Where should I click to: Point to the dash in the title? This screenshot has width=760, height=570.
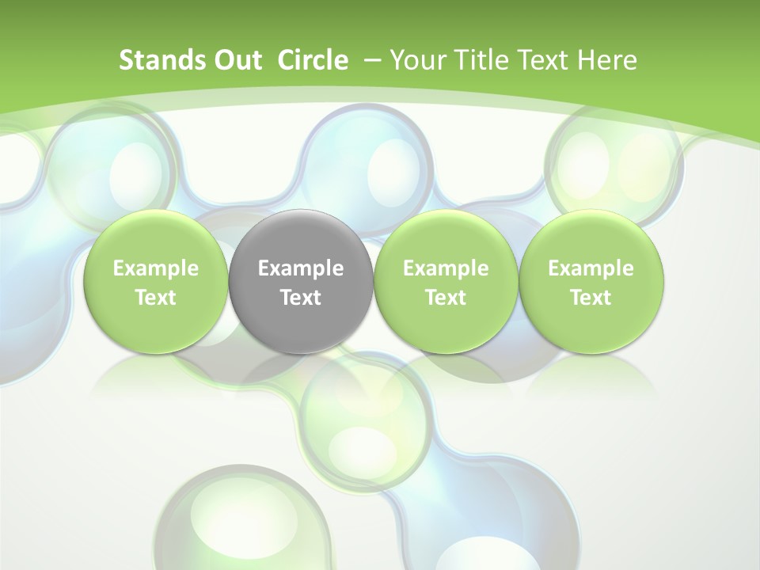click(x=371, y=60)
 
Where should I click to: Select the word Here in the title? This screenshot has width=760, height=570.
click(x=607, y=60)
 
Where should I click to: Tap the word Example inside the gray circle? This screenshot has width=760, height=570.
click(x=301, y=268)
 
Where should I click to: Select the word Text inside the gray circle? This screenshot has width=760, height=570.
click(x=301, y=298)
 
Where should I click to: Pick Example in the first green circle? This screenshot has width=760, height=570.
click(x=156, y=268)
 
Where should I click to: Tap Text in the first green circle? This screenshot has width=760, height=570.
click(x=156, y=298)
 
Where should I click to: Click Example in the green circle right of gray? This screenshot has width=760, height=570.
click(x=446, y=268)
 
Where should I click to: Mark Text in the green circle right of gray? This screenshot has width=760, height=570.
click(x=446, y=298)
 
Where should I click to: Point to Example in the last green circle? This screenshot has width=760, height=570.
click(x=591, y=268)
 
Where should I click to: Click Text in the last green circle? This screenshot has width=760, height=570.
click(x=591, y=298)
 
